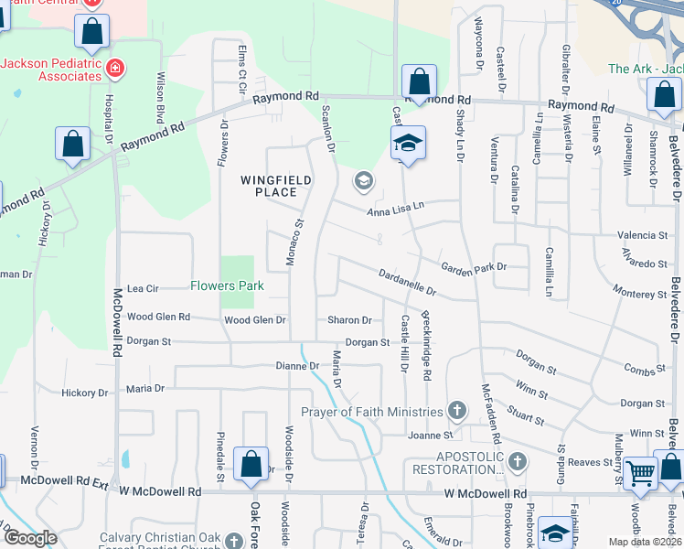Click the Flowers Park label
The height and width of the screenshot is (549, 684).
[227, 285]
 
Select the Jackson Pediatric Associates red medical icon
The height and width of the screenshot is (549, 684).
[114, 67]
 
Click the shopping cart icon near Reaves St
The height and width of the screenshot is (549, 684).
[642, 472]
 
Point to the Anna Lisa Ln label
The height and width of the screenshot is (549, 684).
[396, 210]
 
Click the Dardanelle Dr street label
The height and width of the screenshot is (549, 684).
[407, 280]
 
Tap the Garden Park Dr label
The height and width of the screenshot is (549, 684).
[473, 267]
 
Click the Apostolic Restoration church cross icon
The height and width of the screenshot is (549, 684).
[518, 459]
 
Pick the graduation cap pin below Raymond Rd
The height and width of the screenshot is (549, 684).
[409, 142]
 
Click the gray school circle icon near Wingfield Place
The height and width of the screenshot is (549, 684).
[363, 180]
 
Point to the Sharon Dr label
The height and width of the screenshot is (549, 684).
[350, 320]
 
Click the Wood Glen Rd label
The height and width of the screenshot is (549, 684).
[158, 317]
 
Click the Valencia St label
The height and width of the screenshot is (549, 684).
[642, 235]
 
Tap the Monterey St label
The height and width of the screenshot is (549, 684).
[640, 294]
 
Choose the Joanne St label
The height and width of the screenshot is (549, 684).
[431, 435]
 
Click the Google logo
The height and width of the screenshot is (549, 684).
[30, 538]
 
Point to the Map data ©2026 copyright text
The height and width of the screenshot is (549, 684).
[644, 542]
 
